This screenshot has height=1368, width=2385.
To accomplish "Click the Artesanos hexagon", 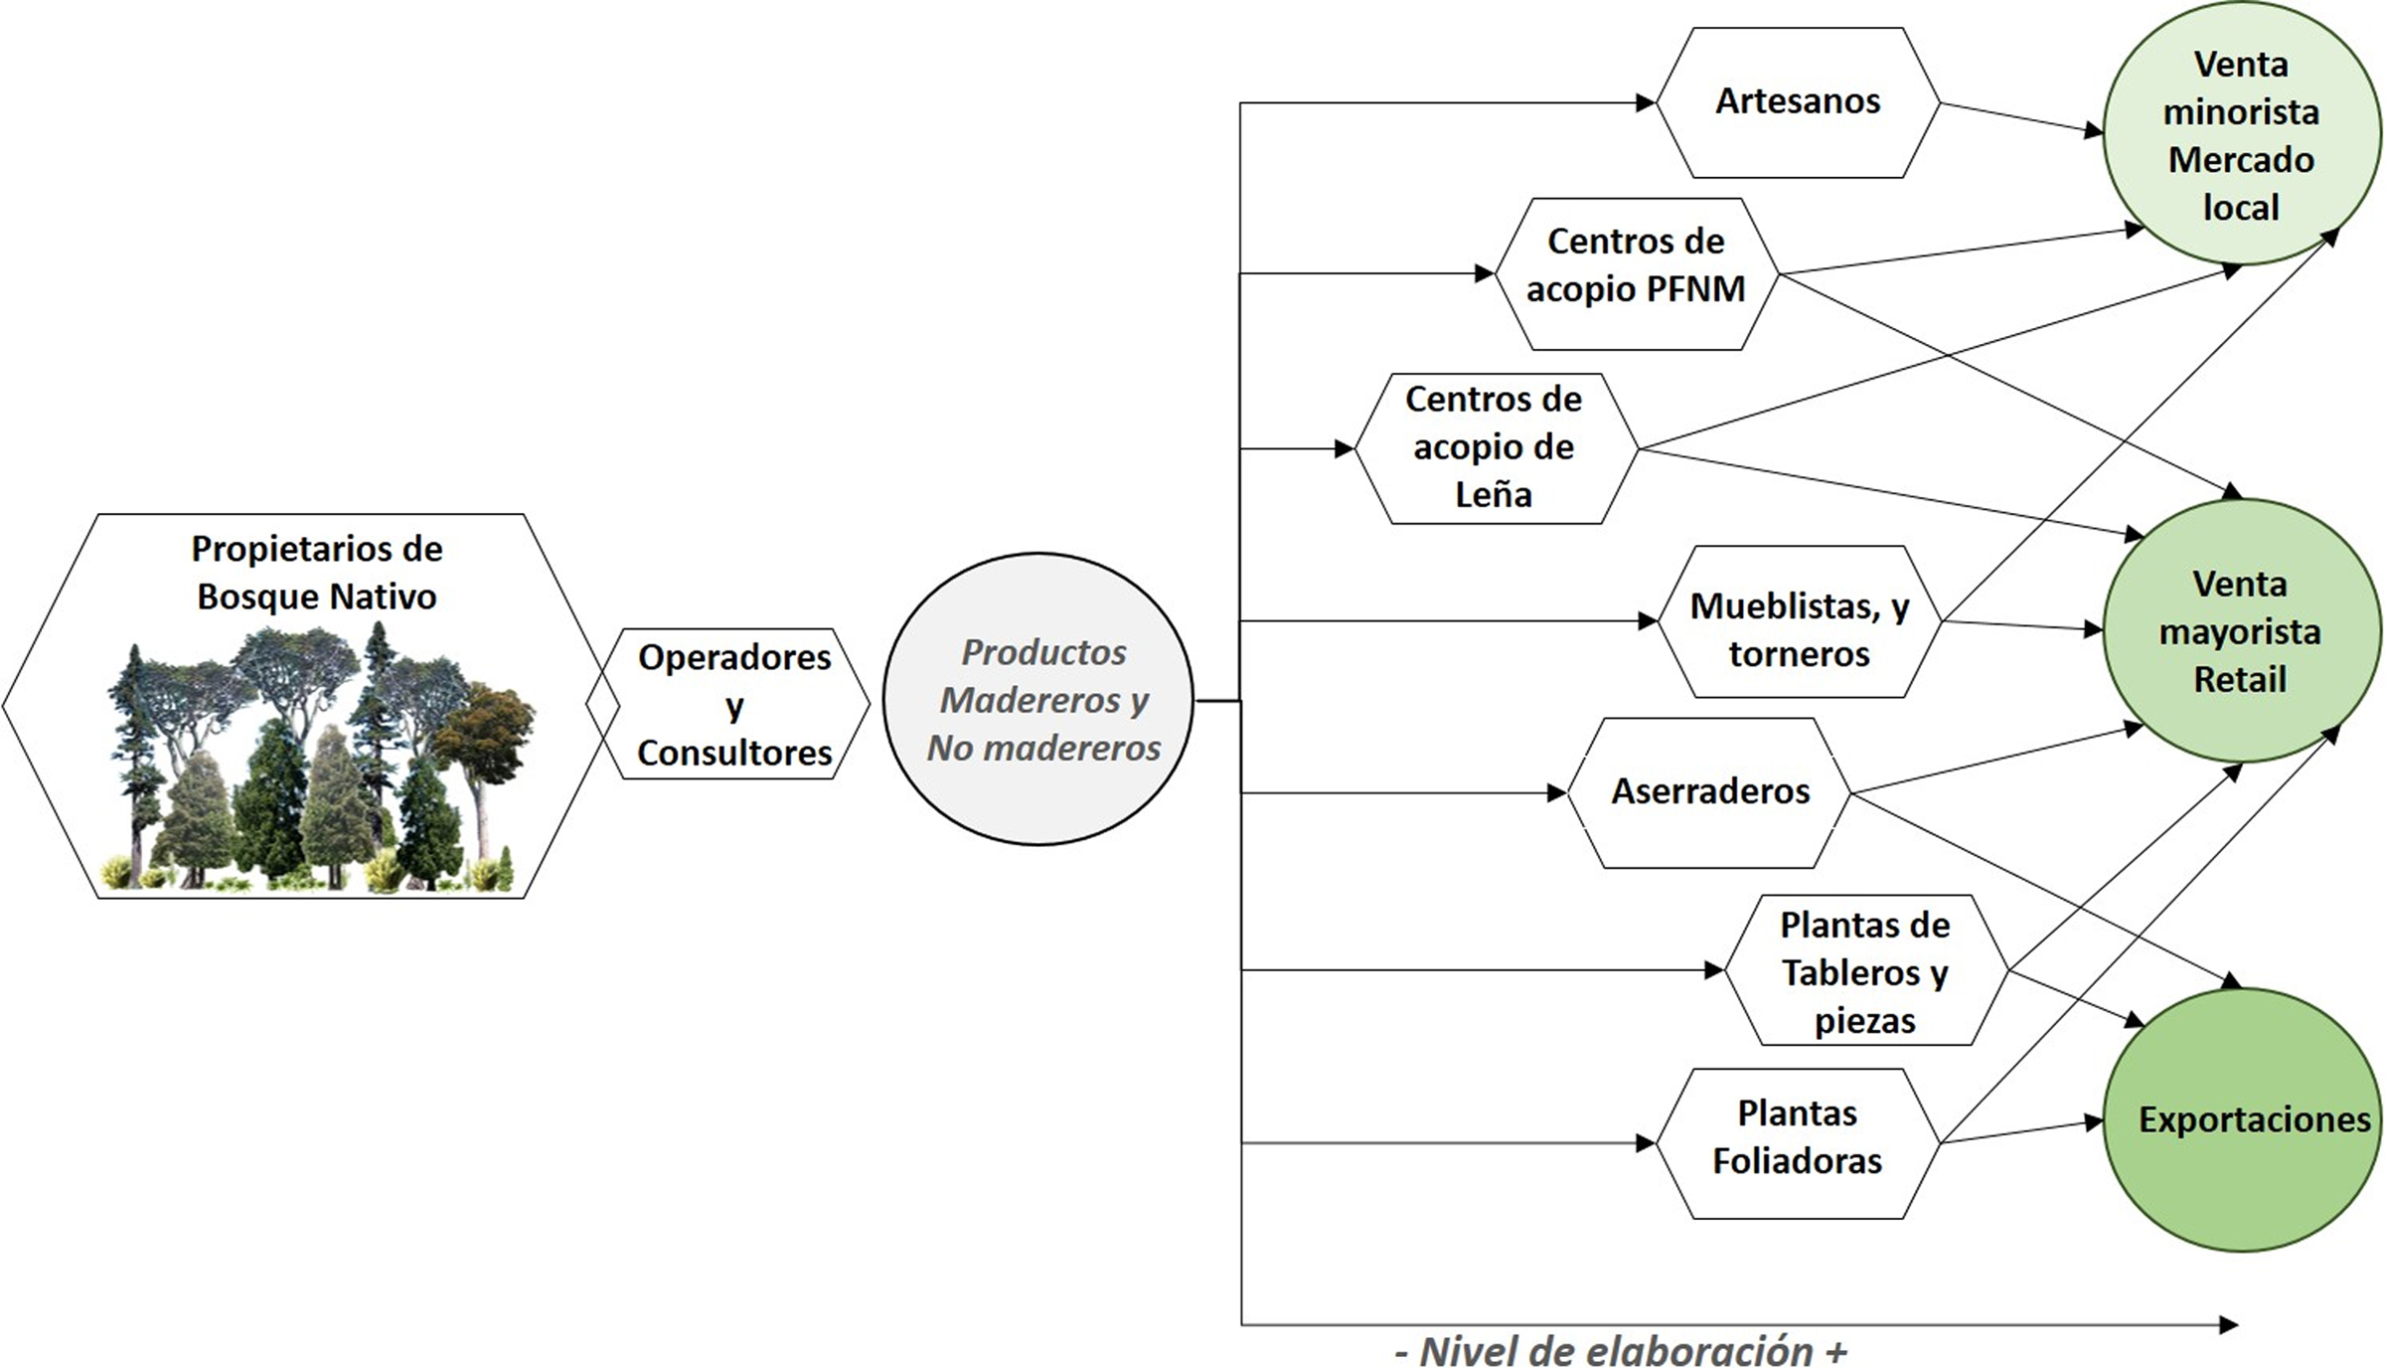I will coord(1797,102).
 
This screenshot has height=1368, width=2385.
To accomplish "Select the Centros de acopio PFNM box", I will coord(1636,273).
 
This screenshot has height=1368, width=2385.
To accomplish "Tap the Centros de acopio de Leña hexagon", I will coord(1494,448).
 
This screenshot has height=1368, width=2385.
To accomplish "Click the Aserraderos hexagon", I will coord(1709,792).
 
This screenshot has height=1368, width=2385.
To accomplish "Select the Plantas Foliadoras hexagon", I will coord(1797,1142).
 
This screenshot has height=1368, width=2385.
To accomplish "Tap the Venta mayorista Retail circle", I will coord(2241,631).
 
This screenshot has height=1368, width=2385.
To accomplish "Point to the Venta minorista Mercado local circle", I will coord(2241,134).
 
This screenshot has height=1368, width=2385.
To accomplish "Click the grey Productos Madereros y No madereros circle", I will coord(1039,699).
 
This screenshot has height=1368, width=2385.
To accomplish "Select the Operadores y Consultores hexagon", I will coord(733,704).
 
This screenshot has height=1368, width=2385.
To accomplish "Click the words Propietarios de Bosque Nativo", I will coord(316,572).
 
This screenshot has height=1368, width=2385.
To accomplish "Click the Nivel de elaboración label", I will coord(1620,1351).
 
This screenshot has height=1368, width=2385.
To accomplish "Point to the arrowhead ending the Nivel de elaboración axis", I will coord(2228,1324).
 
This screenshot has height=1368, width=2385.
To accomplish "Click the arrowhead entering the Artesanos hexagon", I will coord(1645,102).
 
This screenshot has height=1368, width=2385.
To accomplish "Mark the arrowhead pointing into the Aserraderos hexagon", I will coord(1556,793).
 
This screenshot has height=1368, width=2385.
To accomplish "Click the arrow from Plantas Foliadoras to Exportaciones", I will coord(2017,1132).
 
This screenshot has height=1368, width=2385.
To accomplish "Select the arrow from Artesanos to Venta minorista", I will coord(2017,116).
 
